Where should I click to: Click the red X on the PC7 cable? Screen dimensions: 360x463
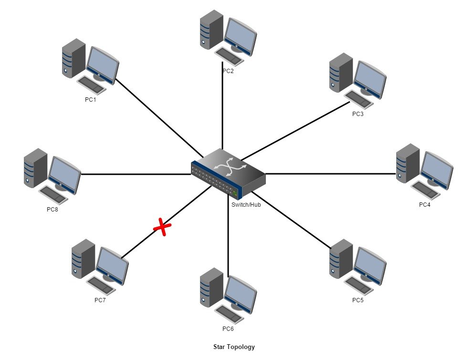pyautogui.click(x=162, y=228)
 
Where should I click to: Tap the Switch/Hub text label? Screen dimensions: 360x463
pyautogui.click(x=246, y=205)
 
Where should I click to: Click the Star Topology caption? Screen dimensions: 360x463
pyautogui.click(x=234, y=347)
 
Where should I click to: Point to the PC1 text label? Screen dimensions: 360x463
pyautogui.click(x=90, y=100)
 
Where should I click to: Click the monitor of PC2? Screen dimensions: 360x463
pyautogui.click(x=241, y=36)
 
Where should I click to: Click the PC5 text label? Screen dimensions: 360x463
pyautogui.click(x=358, y=300)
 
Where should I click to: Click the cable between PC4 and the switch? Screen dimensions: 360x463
pyautogui.click(x=329, y=174)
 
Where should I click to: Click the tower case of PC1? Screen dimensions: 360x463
pyautogui.click(x=73, y=58)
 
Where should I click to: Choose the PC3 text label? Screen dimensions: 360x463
pyautogui.click(x=358, y=114)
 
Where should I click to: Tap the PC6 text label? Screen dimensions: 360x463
pyautogui.click(x=228, y=329)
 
